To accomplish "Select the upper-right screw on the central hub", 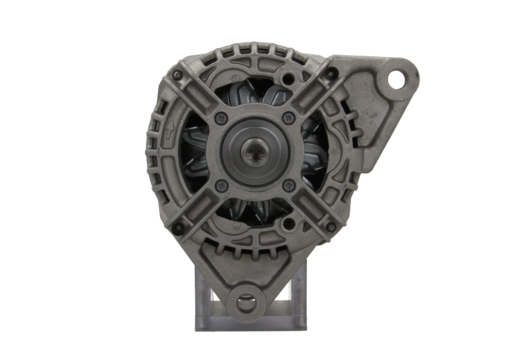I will (289, 118).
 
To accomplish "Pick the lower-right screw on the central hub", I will (289, 185).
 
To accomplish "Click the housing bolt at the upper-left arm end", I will (177, 75).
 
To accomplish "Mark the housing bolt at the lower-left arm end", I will (178, 229).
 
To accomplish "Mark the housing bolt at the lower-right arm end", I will (331, 228).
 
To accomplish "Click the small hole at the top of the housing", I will (288, 80).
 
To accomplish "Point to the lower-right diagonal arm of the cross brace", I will (311, 207).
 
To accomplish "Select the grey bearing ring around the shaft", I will (256, 130).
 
